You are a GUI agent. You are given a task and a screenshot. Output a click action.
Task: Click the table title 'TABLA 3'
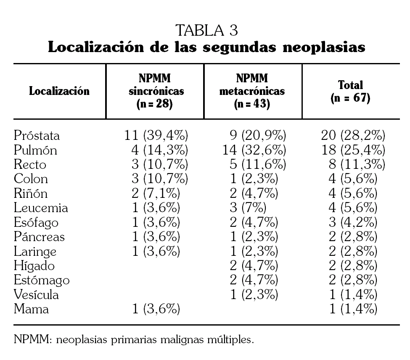click(207, 30)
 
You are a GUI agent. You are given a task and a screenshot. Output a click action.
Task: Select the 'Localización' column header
click(59, 91)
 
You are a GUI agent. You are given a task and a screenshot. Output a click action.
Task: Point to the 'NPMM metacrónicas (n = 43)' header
click(252, 91)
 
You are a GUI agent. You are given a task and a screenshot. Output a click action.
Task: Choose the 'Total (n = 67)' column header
click(350, 91)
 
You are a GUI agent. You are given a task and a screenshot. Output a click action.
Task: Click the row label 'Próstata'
click(37, 136)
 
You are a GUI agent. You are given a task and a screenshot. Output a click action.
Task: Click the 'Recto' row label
click(30, 164)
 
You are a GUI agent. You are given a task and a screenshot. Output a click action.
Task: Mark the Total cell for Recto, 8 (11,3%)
click(357, 164)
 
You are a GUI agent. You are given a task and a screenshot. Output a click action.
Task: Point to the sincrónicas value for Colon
click(159, 179)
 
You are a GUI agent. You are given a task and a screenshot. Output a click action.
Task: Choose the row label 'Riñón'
click(31, 194)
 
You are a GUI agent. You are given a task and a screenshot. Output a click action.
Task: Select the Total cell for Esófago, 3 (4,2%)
click(352, 222)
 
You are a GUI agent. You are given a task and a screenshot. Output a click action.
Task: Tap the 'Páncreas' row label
click(39, 237)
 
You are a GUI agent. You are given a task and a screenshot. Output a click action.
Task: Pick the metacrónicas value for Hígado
click(254, 266)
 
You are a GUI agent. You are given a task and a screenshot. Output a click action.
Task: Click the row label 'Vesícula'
click(36, 295)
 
